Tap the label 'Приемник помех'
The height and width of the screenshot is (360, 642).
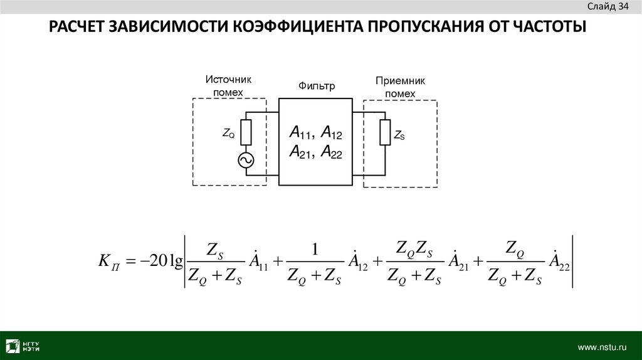400,87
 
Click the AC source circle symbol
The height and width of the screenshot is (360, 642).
246,161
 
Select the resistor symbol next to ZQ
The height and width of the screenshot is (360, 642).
246,132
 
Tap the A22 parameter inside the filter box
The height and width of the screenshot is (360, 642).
330,152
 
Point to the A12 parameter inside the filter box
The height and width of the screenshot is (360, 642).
330,132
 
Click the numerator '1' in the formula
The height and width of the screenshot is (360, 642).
316,249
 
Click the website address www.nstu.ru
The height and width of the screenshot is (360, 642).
602,346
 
